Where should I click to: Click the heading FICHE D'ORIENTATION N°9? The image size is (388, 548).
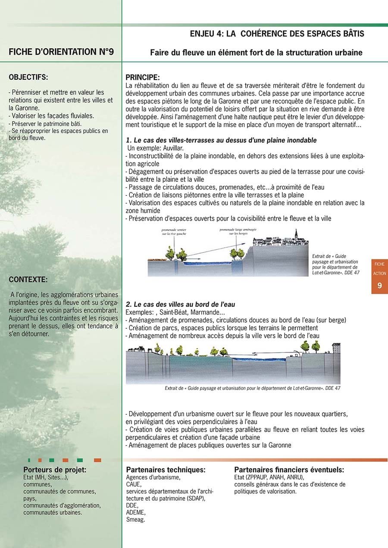coord(61,52)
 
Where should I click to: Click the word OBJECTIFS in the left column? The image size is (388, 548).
coord(28,78)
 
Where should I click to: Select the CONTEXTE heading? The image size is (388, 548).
coord(28,279)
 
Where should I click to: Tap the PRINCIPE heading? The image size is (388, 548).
coord(142,78)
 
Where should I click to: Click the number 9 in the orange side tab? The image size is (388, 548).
coord(379,285)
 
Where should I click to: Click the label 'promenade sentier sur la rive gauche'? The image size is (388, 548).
coord(175,232)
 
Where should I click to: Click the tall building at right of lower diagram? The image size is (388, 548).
coord(336,348)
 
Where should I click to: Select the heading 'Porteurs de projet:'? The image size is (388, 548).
coord(55,470)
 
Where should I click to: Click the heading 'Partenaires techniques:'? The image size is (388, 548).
coord(166,470)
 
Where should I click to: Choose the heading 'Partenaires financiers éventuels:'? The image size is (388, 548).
coord(289,470)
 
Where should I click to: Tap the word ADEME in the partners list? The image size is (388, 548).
coord(135,513)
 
